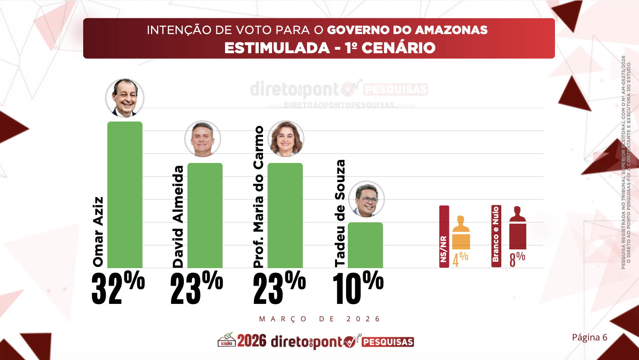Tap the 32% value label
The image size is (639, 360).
[x=118, y=288]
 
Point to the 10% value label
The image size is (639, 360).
[x=358, y=288]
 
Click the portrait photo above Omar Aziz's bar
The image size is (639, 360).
[x=125, y=98]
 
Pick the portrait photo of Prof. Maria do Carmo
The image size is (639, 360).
[x=286, y=139]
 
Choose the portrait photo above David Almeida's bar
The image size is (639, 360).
[x=203, y=139]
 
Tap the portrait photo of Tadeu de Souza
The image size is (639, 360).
[x=366, y=199]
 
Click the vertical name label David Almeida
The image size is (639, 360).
[x=178, y=217]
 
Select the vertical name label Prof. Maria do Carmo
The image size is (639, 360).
[x=259, y=197]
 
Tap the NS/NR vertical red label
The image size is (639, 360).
[x=444, y=236]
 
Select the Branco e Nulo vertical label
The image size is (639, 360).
[x=496, y=236]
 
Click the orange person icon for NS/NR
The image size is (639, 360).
[x=461, y=232]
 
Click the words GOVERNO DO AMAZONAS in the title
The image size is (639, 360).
[x=407, y=30]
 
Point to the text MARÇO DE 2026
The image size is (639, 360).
[x=319, y=319]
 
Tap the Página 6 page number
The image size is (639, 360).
[x=589, y=337]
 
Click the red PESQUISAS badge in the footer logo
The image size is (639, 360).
[x=388, y=342]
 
